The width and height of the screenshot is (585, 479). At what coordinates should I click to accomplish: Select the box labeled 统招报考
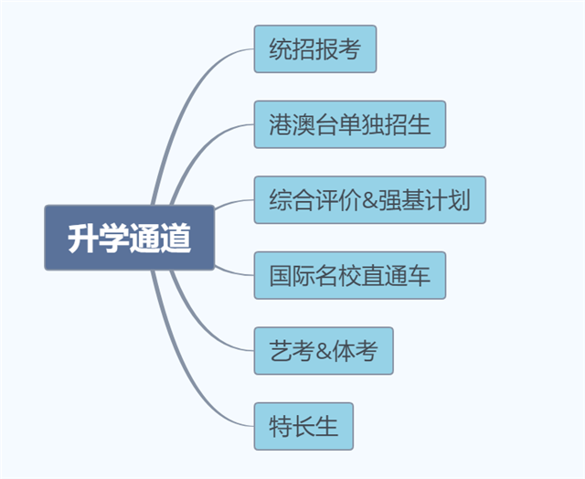pyautogui.click(x=314, y=48)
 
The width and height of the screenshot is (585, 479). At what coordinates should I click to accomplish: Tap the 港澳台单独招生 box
pyautogui.click(x=349, y=124)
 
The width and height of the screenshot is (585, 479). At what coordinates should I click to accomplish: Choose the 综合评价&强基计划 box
pyautogui.click(x=369, y=199)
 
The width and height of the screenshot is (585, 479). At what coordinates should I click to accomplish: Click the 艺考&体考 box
pyautogui.click(x=323, y=350)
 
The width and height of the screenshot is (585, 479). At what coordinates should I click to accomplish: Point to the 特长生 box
pyautogui.click(x=302, y=426)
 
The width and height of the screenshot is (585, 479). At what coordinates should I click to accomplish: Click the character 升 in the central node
pyautogui.click(x=81, y=238)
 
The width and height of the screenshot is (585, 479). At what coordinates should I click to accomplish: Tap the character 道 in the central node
pyautogui.click(x=176, y=238)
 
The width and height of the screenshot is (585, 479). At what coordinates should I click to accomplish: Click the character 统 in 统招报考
pyautogui.click(x=281, y=49)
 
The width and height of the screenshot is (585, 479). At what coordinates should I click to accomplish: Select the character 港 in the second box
pyautogui.click(x=281, y=125)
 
